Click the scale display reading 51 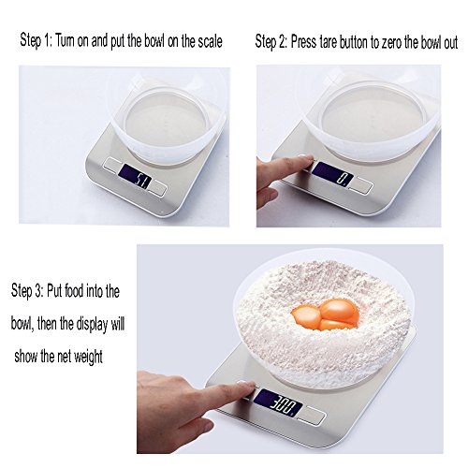point(136,176)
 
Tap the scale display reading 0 point(332,174)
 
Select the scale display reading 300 point(278,402)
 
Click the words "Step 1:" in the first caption point(37,41)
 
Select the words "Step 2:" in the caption point(271,42)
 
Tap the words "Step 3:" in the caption point(27,291)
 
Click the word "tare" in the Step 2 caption point(329,42)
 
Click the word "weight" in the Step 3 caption point(88,357)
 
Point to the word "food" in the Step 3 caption point(74,290)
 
